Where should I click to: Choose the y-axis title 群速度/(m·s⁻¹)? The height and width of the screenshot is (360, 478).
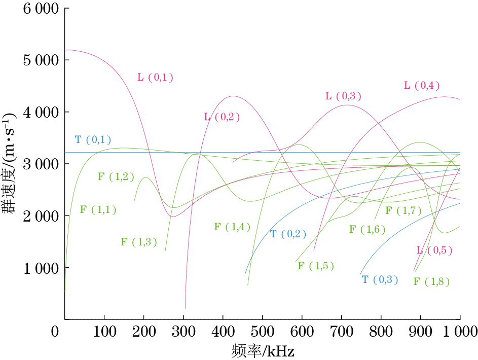12,163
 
